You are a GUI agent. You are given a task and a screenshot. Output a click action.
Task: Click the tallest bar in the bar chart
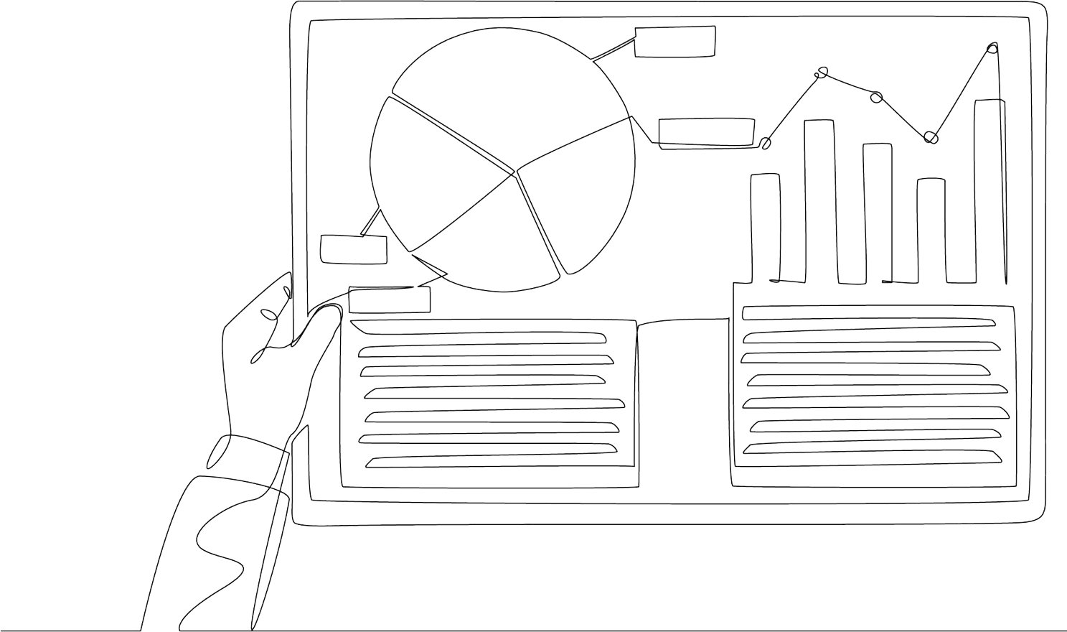(989, 190)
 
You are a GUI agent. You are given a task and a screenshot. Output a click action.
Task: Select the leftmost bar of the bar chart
(765, 226)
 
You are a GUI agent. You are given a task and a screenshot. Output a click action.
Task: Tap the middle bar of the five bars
(877, 212)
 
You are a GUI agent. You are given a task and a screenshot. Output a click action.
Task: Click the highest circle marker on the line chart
(992, 49)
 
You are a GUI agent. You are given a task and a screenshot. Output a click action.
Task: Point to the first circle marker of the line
(766, 144)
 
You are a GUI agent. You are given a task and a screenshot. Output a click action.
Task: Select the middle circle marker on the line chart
(875, 97)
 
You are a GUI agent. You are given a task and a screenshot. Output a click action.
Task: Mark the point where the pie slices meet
(514, 173)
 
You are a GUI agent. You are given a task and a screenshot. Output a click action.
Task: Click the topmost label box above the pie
(674, 41)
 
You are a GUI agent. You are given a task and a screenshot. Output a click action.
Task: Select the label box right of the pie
(706, 133)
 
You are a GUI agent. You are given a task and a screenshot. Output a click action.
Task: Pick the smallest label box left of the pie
(353, 248)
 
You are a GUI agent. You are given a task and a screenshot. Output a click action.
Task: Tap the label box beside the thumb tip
(390, 299)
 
